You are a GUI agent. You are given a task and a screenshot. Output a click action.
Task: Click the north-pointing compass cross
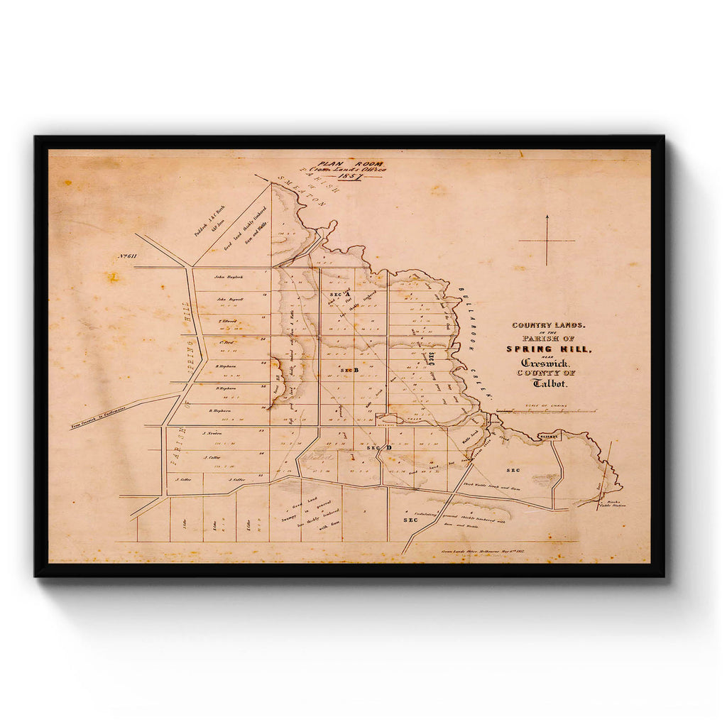pyautogui.click(x=547, y=241)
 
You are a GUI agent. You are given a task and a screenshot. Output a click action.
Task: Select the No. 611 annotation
pyautogui.click(x=128, y=256)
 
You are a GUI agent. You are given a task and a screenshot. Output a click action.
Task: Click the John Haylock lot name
pyautogui.click(x=229, y=276)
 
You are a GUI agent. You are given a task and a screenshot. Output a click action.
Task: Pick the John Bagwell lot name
pyautogui.click(x=230, y=299)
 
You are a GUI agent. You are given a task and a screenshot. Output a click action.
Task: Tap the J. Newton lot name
pyautogui.click(x=212, y=433)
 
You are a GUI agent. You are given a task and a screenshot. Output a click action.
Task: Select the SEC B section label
pyautogui.click(x=349, y=371)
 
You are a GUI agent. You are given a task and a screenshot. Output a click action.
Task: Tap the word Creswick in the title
pyautogui.click(x=545, y=363)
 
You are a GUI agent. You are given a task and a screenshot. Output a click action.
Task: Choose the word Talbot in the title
pyautogui.click(x=546, y=383)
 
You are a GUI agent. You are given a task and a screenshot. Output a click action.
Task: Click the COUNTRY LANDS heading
pyautogui.click(x=545, y=325)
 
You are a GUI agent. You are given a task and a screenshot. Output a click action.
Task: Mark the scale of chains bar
pyautogui.click(x=545, y=411)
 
